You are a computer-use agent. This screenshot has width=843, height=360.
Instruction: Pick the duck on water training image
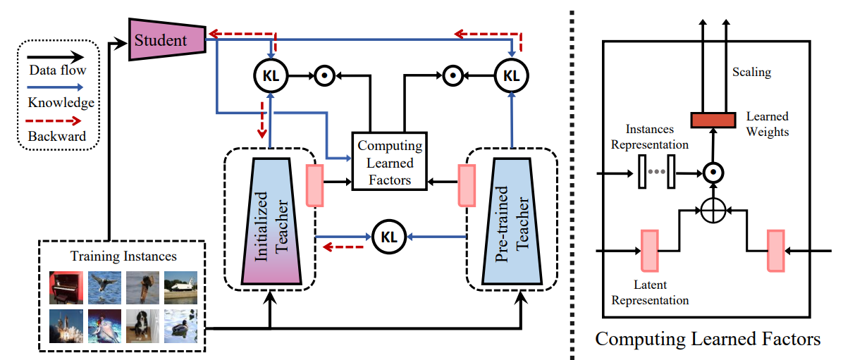coord(180,325)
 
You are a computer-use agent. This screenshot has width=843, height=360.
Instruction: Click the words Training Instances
coord(123,256)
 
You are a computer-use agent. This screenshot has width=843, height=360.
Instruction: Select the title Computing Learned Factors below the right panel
coord(708,340)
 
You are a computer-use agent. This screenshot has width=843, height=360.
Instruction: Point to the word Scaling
coord(751,72)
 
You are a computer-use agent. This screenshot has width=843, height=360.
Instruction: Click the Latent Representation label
coord(650,293)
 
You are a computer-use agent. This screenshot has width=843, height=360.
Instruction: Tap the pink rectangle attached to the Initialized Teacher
coord(314,185)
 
